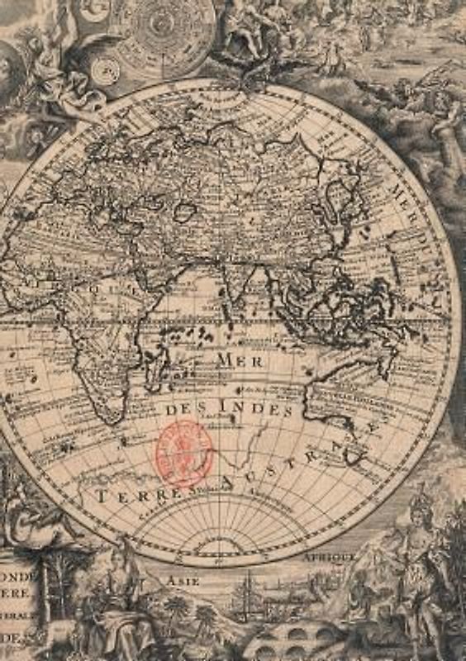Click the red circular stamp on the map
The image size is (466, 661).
(x=183, y=453)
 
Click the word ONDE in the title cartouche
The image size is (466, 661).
(x=17, y=578)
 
